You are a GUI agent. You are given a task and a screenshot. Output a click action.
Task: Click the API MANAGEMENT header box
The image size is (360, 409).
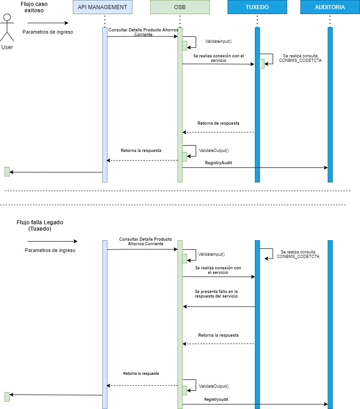click(x=103, y=7)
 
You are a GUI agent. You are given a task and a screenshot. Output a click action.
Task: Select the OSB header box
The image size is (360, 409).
click(x=180, y=7)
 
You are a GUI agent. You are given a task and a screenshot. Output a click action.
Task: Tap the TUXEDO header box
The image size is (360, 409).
click(x=257, y=7)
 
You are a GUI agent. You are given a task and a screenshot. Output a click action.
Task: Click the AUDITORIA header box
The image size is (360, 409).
click(x=330, y=7)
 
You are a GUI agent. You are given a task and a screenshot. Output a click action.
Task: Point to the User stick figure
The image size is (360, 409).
click(x=7, y=28)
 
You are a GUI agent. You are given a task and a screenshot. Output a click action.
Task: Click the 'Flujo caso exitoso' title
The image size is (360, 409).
click(x=34, y=7)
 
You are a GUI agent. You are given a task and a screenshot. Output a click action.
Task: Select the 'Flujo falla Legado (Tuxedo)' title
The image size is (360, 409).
click(x=40, y=226)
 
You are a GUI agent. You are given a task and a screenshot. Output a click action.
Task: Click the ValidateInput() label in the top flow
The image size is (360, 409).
click(x=218, y=41)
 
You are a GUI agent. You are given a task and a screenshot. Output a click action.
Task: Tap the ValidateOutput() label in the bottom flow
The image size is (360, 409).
click(x=214, y=386)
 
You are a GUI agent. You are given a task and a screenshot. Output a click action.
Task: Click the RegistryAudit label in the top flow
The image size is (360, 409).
click(x=218, y=162)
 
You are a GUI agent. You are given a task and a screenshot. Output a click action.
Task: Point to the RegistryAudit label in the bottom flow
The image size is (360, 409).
click(x=216, y=399)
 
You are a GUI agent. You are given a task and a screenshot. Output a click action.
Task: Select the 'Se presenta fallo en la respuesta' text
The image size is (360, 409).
click(x=216, y=293)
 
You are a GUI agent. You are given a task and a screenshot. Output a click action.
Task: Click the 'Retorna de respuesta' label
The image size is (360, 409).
click(x=218, y=123)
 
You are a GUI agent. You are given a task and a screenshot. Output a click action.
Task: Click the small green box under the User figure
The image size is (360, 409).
click(x=7, y=172)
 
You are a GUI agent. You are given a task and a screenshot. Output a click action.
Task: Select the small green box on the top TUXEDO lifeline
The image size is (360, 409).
click(x=262, y=64)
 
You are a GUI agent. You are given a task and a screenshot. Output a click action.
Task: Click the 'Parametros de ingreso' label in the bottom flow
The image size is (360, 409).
click(x=50, y=250)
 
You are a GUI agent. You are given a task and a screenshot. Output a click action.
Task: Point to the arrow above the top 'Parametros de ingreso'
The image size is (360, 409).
click(x=47, y=23)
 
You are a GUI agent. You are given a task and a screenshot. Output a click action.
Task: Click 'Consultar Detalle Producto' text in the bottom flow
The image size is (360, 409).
click(x=145, y=241)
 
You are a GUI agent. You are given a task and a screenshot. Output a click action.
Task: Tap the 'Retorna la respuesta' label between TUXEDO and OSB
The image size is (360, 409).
click(x=218, y=335)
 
